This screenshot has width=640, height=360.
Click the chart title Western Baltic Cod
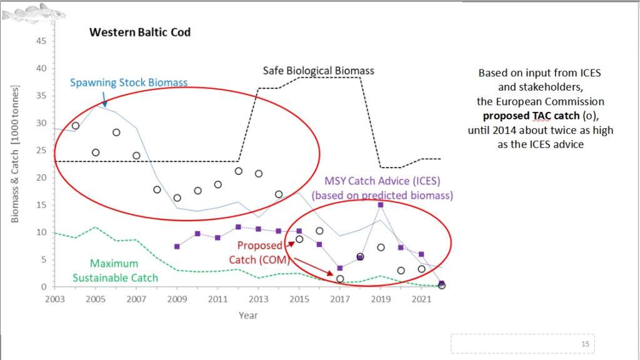(140, 31)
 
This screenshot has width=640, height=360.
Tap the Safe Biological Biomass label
(318, 70)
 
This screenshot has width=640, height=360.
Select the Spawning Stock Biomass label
(128, 82)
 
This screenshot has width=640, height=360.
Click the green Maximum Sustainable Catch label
(114, 270)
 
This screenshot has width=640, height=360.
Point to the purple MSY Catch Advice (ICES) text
(382, 182)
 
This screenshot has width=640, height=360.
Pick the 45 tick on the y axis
(42, 41)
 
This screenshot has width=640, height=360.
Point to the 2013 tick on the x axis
(258, 299)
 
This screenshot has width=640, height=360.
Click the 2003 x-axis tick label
(54, 299)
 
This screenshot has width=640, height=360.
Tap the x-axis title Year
(247, 315)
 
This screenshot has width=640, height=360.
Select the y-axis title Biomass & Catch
(16, 153)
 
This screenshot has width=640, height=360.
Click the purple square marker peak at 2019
(380, 204)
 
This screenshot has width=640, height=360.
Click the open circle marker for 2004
(76, 126)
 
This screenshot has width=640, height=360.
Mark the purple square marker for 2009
(177, 246)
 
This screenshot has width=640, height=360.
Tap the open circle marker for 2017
(340, 279)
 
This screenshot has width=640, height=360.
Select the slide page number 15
(585, 344)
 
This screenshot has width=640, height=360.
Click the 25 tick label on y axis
(42, 151)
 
